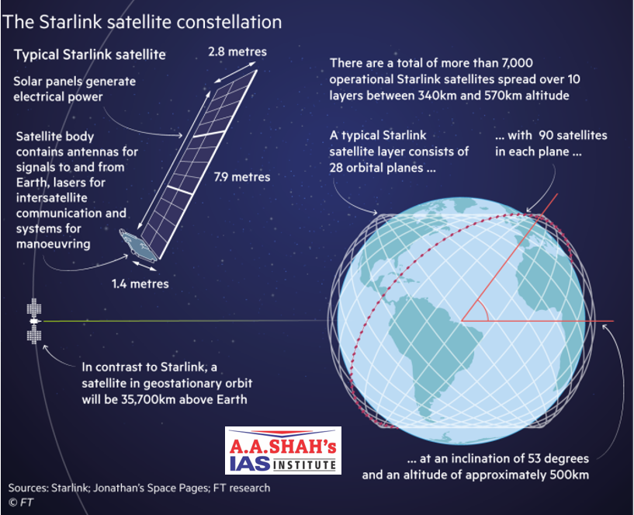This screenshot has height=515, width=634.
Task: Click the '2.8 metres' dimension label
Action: coord(237,52)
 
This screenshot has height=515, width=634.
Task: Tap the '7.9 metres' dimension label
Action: coord(242,177)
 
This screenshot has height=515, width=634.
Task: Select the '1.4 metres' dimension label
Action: coord(140,284)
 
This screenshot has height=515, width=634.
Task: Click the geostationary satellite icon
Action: coord(34,321)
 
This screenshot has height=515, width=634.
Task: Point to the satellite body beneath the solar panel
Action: coord(137,245)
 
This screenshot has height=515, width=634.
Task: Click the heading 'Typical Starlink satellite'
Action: coord(90,54)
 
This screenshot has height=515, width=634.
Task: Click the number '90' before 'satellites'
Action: coord(546,135)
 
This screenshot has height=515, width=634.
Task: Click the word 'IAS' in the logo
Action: coord(250,463)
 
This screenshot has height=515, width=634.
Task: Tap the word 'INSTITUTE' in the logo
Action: coord(304,465)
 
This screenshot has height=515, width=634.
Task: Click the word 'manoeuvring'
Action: coord(54,244)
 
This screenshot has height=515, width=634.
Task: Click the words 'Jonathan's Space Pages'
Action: coord(151,488)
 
